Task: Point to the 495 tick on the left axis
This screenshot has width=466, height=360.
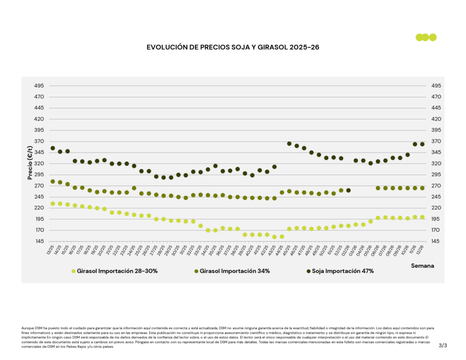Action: (39, 86)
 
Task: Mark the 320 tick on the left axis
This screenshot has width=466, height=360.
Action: (39, 163)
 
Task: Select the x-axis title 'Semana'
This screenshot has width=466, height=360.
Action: (422, 265)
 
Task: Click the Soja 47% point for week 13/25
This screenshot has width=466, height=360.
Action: (53, 148)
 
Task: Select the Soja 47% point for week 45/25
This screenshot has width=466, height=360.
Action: (289, 144)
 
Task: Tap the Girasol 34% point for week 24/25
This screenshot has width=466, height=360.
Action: (134, 188)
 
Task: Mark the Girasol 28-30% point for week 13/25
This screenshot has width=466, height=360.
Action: (53, 204)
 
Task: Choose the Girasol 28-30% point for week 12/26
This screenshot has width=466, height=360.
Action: (422, 217)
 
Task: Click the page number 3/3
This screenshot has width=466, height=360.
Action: (443, 346)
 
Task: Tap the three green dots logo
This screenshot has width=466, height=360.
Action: (426, 37)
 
